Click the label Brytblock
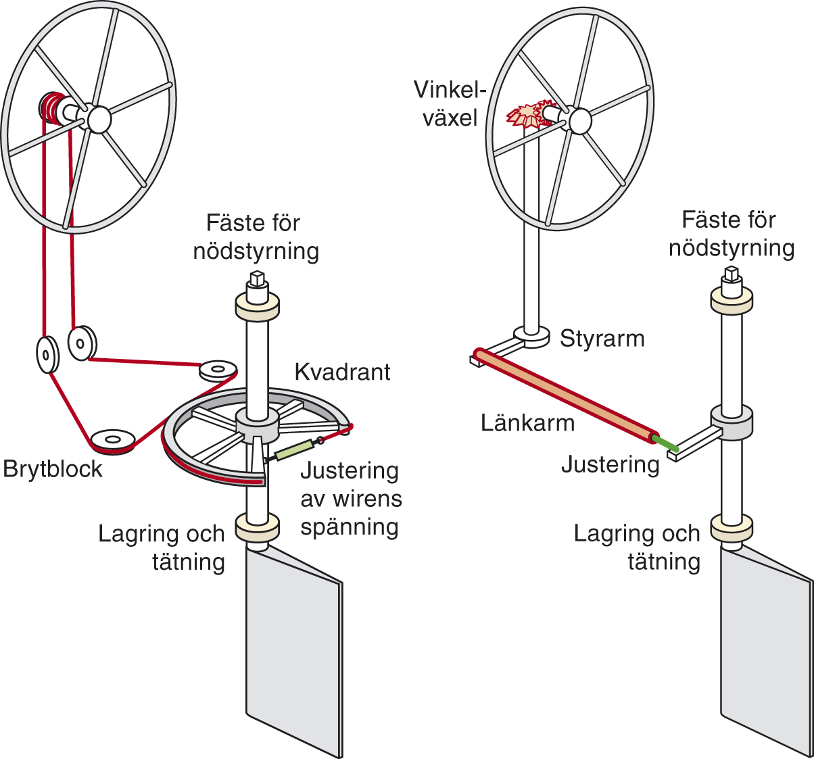point(53,469)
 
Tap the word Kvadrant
point(342,372)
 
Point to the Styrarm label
point(602,338)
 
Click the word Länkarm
point(527,423)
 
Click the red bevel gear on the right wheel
point(526,115)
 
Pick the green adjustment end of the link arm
point(667,443)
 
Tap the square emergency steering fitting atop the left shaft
point(257,277)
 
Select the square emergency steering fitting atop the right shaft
point(730,274)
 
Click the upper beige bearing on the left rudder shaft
point(257,306)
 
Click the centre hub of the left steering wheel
point(97,119)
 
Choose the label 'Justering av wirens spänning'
point(350,498)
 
